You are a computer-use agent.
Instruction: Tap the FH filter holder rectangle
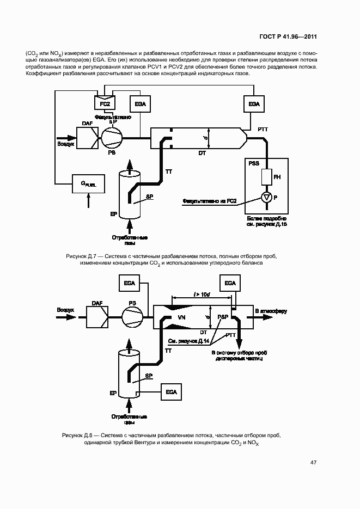click(x=266, y=177)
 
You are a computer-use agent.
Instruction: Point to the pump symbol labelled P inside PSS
click(x=266, y=198)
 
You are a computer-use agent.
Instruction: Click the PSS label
click(x=254, y=163)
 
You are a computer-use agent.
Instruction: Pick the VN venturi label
click(x=182, y=316)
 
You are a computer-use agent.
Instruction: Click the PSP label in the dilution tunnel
click(x=223, y=316)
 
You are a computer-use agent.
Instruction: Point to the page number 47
click(x=313, y=463)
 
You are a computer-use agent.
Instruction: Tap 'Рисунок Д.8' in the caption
click(x=80, y=436)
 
